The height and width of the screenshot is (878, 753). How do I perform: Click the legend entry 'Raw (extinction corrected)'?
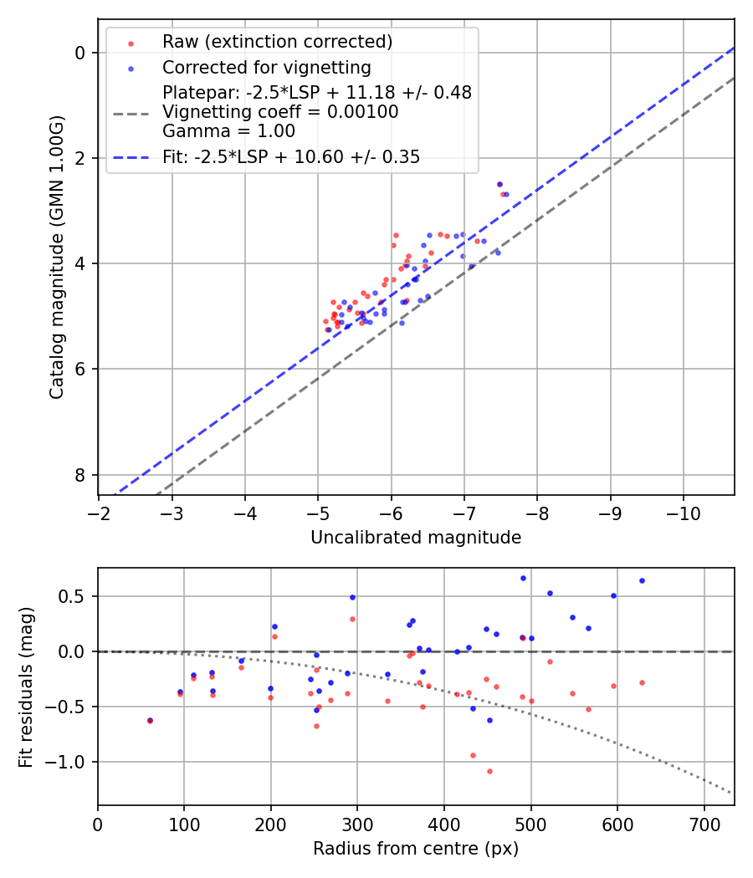(x=277, y=42)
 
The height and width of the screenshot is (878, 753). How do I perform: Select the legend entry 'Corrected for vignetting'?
(x=266, y=67)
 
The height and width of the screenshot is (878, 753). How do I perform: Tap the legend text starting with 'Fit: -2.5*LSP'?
(x=291, y=156)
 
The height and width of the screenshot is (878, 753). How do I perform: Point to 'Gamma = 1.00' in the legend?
(x=228, y=130)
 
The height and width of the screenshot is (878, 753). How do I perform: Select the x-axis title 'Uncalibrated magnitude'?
(x=416, y=538)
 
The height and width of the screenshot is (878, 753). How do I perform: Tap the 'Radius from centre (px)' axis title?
(x=416, y=849)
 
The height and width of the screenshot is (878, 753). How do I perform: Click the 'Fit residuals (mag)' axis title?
(x=26, y=687)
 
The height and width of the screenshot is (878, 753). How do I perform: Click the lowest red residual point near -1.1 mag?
(x=489, y=771)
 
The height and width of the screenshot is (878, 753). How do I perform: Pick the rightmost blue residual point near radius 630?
(x=642, y=580)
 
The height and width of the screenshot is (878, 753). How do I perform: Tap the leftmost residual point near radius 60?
(x=150, y=720)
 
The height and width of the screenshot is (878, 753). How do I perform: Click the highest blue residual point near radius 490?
(x=523, y=578)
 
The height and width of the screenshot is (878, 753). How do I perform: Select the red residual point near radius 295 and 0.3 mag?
(x=352, y=619)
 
